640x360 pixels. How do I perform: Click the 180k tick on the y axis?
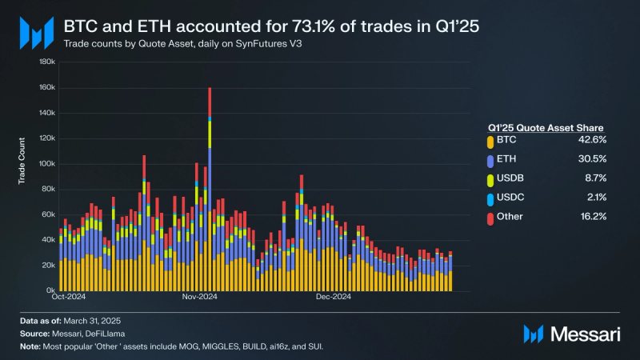[46, 61]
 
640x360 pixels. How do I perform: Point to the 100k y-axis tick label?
[46, 163]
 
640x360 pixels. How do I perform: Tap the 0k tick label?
[49, 290]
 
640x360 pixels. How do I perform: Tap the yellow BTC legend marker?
[490, 142]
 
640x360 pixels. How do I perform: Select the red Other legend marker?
[490, 218]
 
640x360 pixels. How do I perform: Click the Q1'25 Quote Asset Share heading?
[545, 127]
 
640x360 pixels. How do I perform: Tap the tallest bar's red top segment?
[210, 102]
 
